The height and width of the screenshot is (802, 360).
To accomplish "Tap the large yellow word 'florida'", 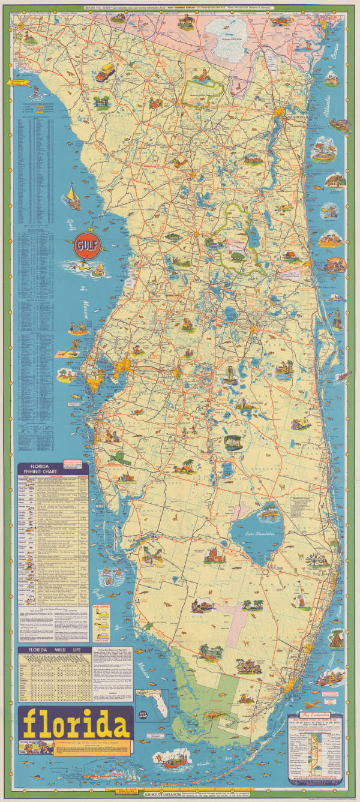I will click(76, 724).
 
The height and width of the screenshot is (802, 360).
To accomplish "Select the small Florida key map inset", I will click(153, 705).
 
